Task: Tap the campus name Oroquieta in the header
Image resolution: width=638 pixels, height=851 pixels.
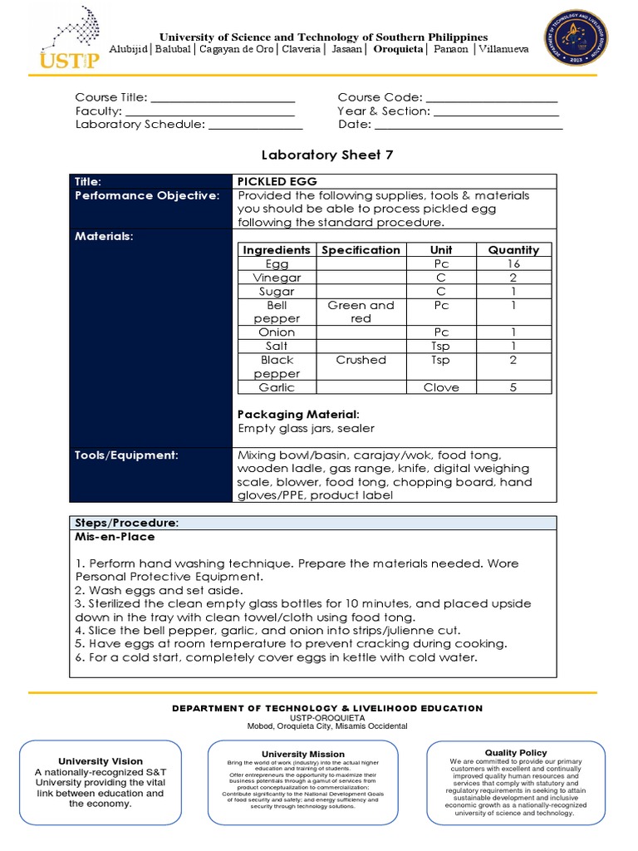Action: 398,50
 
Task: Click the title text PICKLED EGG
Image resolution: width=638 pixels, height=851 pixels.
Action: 277,181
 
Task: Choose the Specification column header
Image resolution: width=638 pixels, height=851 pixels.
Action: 361,249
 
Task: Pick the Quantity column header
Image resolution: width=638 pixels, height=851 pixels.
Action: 513,249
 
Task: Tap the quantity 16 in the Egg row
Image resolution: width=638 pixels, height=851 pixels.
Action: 513,263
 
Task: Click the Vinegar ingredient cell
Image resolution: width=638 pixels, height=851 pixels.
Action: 277,278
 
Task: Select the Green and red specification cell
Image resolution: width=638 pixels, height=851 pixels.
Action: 361,312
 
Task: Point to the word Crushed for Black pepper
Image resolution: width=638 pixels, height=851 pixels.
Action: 361,360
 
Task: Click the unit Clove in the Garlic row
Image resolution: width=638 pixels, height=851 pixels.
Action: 440,387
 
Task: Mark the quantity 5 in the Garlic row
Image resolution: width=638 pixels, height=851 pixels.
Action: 513,387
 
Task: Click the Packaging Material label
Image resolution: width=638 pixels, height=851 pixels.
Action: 298,414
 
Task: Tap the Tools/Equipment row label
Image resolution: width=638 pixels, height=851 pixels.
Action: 126,455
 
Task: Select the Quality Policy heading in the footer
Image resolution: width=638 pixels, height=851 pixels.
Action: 516,753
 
